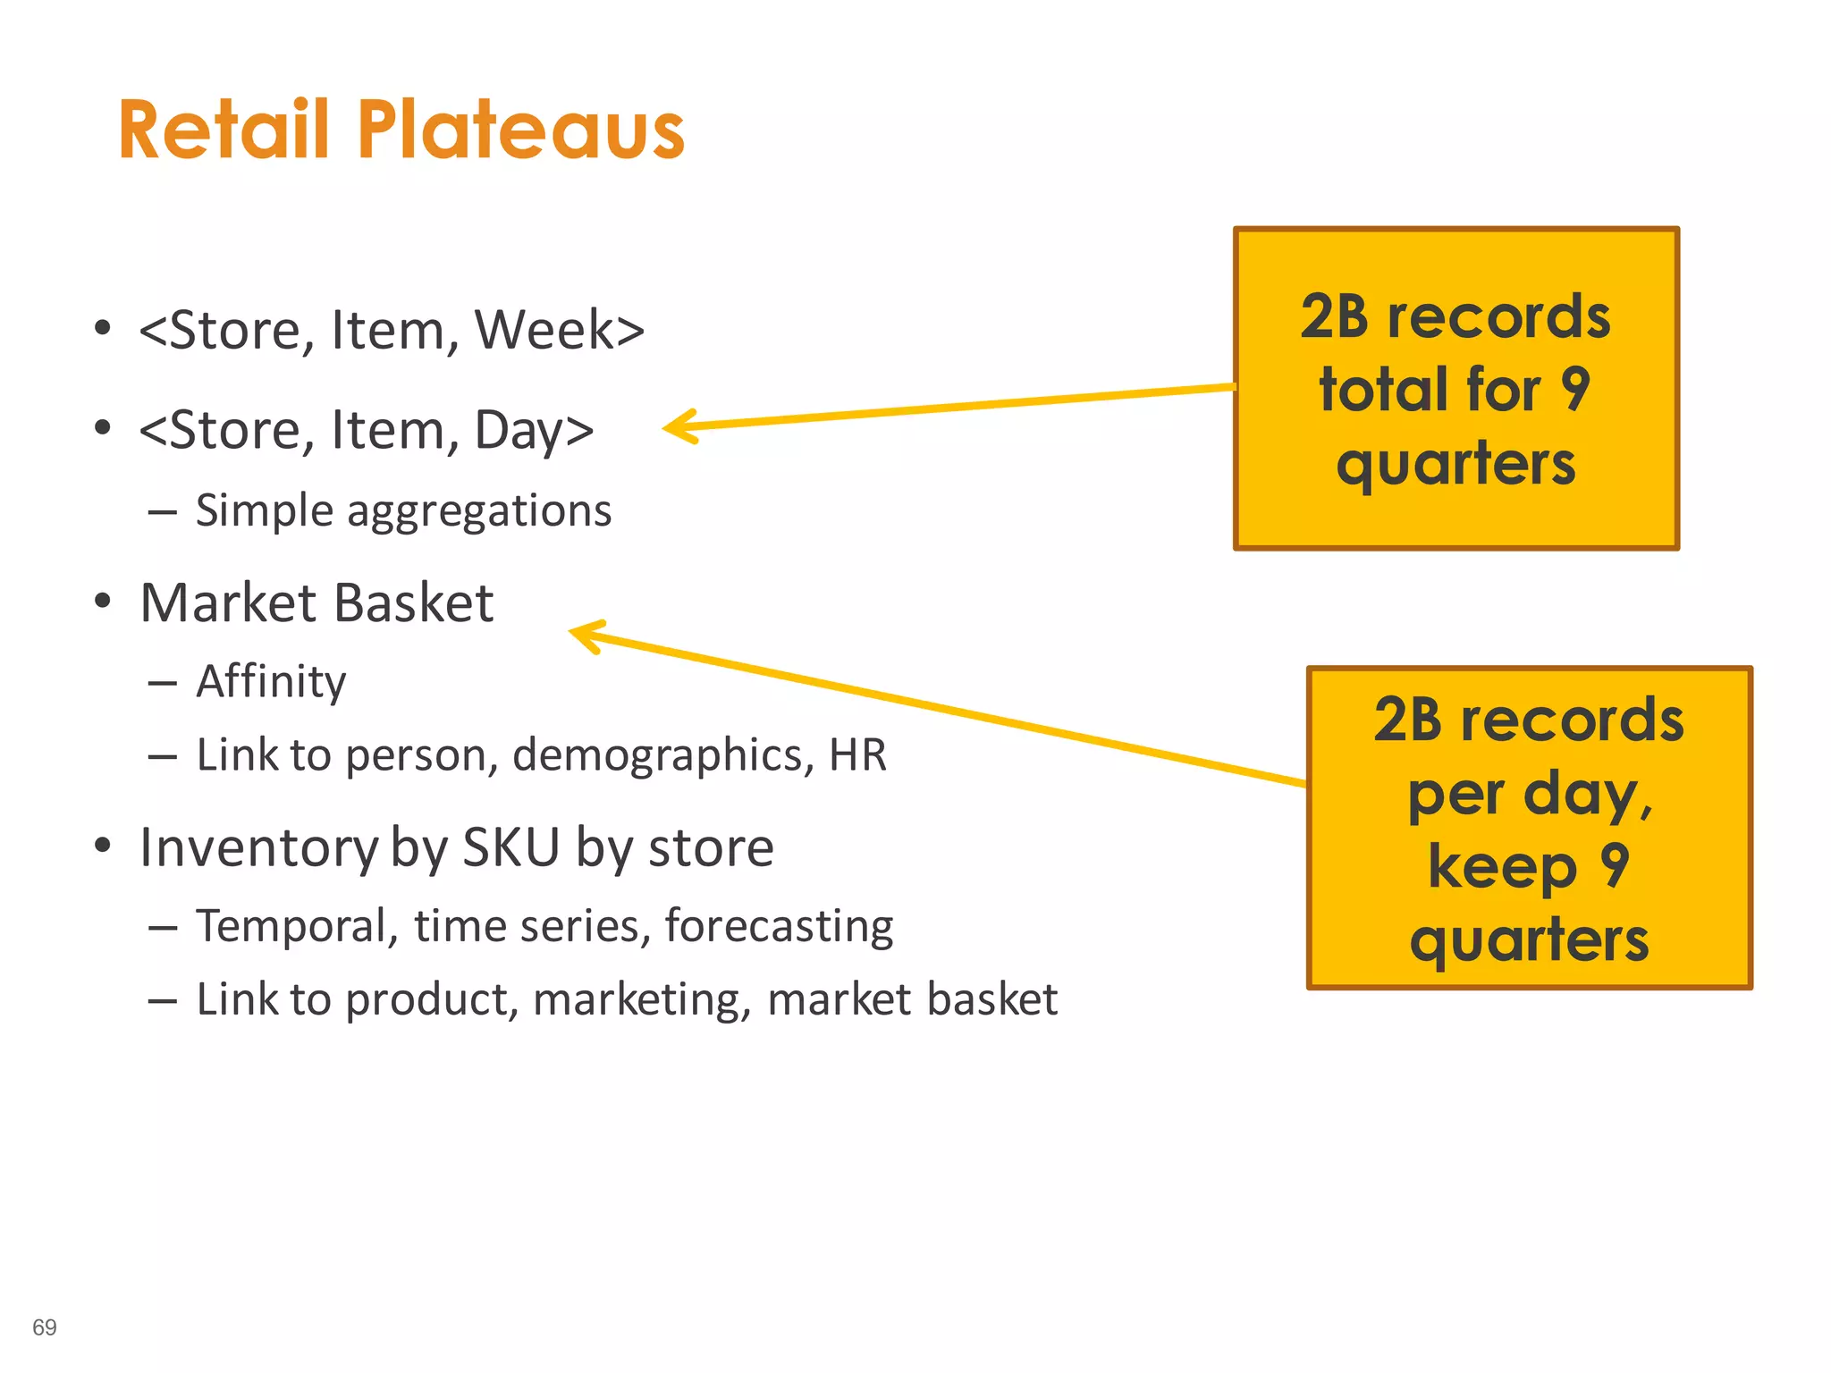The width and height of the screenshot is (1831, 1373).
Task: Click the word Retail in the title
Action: point(224,131)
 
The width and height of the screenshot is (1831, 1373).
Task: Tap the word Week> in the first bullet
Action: point(559,330)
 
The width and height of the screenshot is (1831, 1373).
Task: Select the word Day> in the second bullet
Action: point(534,430)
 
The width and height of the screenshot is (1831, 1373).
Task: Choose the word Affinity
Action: point(271,682)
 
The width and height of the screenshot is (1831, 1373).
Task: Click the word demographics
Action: point(662,755)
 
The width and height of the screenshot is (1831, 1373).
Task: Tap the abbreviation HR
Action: point(857,754)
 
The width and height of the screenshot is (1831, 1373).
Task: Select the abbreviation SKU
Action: point(510,847)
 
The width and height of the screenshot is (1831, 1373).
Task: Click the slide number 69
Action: point(45,1327)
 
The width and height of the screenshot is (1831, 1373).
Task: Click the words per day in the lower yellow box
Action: point(1529,794)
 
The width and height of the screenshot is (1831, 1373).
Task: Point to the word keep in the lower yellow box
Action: point(1502,867)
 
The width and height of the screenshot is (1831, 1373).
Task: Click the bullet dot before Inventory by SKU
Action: point(103,845)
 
